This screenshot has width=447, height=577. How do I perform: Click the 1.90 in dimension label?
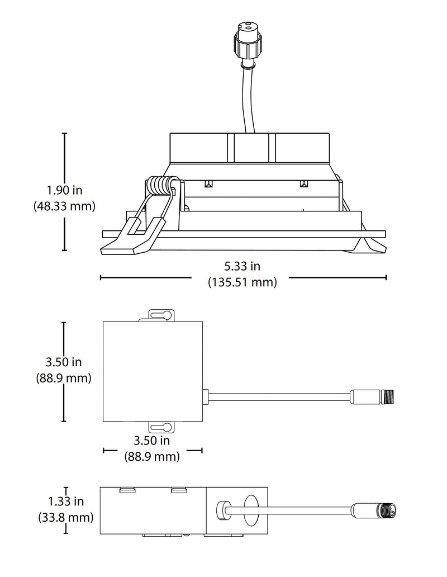[64, 190]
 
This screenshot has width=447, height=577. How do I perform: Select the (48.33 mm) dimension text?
[64, 206]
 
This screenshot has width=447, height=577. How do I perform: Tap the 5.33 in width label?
[242, 266]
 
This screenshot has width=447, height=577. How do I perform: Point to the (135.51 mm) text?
[242, 282]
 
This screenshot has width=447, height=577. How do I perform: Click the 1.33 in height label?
[66, 501]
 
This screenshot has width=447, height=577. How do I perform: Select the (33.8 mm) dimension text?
[66, 517]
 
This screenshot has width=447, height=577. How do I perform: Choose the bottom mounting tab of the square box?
[161, 427]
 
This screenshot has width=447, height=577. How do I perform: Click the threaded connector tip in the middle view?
[389, 397]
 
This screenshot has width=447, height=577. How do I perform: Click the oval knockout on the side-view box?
[250, 511]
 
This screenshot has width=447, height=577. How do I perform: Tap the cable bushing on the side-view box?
[222, 510]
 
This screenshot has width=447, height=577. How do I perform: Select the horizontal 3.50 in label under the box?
[151, 441]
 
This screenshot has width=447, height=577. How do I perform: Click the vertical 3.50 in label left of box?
[64, 362]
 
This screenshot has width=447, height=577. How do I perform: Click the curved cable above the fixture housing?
[248, 100]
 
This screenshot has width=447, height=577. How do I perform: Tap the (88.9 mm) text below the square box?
[151, 457]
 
